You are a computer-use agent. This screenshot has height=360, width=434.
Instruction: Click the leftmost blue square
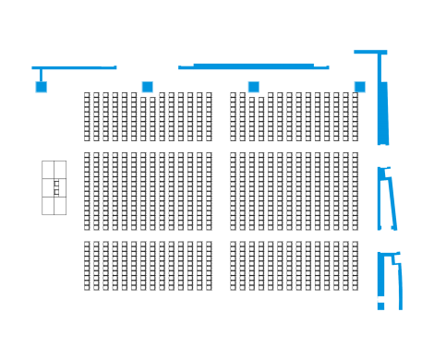pos(41,87)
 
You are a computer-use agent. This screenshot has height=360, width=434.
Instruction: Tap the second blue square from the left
pos(148,87)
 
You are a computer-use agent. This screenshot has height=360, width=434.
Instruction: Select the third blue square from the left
pos(253,87)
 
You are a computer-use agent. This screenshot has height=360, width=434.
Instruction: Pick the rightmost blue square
pos(360,87)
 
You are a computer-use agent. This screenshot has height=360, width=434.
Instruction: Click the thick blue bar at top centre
pos(254,66)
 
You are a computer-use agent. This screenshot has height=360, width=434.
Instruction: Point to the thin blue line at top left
pos(74,67)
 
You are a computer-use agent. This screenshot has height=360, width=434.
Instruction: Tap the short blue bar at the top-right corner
pos(370,52)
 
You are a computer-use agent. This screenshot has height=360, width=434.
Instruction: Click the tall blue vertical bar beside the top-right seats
pos(382,113)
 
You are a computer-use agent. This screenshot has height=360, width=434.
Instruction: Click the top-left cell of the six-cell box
pos(48,169)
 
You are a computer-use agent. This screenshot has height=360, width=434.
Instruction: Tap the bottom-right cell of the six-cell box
pos(61,206)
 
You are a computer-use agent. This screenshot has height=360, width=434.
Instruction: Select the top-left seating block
pos(148,116)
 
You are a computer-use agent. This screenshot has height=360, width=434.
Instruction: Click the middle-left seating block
pos(148,191)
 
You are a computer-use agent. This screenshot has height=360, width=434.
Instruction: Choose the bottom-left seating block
pos(148,266)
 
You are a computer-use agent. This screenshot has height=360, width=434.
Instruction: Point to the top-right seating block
pos(295,116)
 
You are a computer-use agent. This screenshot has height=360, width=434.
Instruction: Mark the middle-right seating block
pos(295,191)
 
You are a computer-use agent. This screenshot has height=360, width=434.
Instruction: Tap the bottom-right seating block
pos(295,266)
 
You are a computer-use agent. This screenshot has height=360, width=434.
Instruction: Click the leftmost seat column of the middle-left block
pos(88,191)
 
